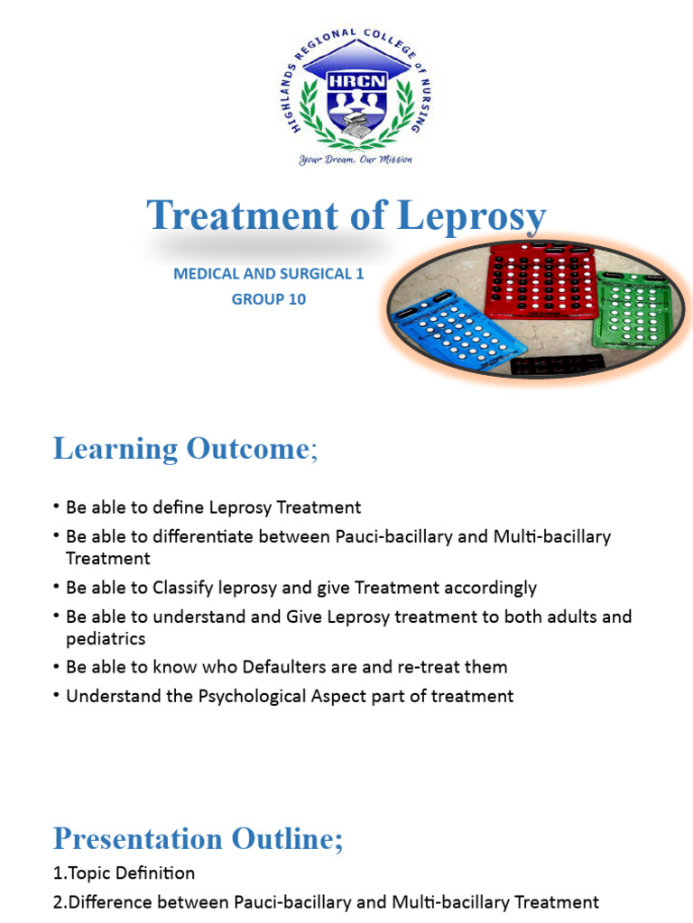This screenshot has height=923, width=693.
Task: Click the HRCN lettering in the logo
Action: click(347, 78)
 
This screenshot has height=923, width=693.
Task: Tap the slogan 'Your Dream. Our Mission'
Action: click(346, 160)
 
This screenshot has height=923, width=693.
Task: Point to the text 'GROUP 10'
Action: click(269, 299)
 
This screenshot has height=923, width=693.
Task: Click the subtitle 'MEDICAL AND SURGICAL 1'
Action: click(269, 274)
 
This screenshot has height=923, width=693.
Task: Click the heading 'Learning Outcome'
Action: click(180, 449)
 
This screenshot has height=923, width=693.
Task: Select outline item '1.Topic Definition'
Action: click(124, 873)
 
